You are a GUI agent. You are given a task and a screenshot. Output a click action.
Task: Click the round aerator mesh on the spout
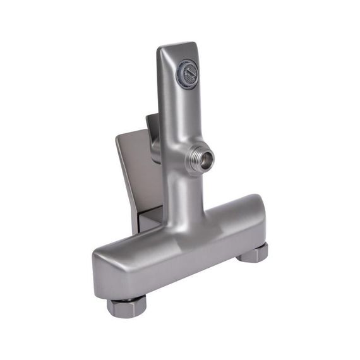pyautogui.click(x=188, y=75)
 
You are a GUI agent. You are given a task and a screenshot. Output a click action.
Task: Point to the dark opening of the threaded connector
pyautogui.click(x=206, y=160)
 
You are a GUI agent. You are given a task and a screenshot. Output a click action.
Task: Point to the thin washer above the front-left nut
pyautogui.click(x=126, y=299)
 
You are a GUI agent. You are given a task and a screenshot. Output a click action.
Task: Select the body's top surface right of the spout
pyautogui.click(x=227, y=212)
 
